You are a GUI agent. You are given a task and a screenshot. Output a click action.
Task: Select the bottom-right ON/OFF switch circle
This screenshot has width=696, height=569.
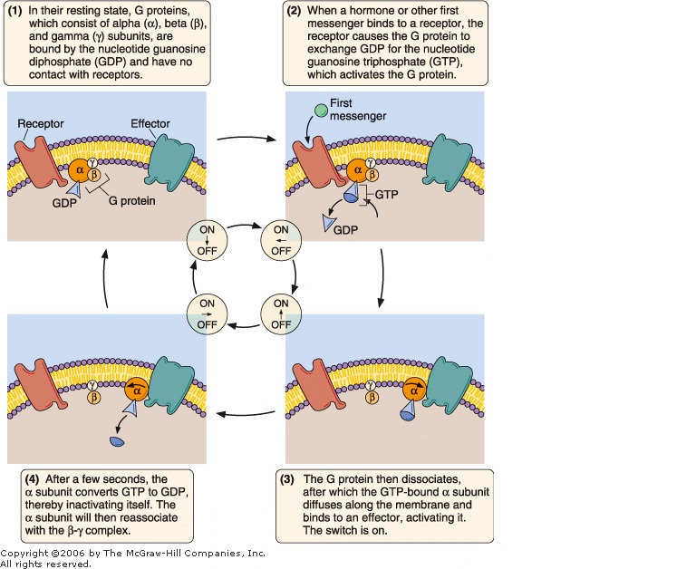(281, 313)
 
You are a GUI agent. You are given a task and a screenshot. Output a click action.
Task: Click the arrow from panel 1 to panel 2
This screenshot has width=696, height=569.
(246, 140)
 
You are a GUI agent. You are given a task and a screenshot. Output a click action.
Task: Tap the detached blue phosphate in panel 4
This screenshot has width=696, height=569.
(117, 442)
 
